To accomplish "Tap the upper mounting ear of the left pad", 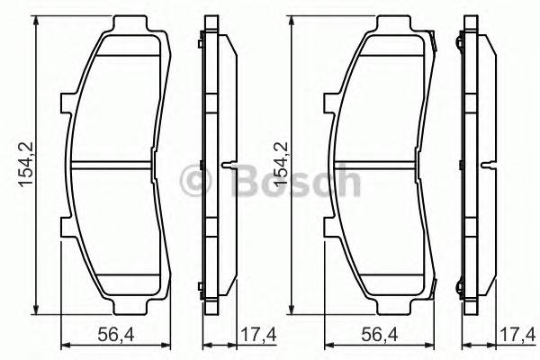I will (x=66, y=105).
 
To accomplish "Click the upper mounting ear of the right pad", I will (x=329, y=105).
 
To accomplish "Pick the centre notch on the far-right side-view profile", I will (x=491, y=165).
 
